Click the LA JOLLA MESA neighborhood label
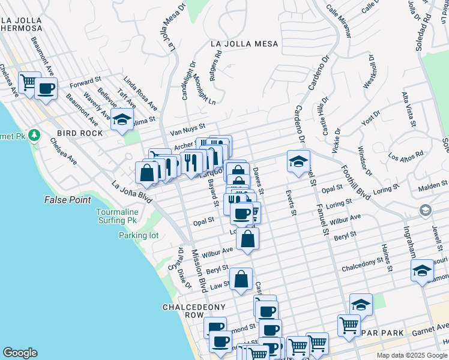tap(244, 44)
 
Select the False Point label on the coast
tap(67, 200)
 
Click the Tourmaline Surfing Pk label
tap(118, 216)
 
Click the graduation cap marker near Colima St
tap(122, 119)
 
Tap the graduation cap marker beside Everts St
tap(298, 161)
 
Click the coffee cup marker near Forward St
tap(46, 89)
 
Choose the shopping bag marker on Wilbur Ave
tap(247, 238)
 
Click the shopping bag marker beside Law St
tap(241, 279)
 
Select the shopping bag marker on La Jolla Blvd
tap(147, 173)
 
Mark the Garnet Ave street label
tap(430, 328)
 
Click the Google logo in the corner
tap(20, 352)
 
